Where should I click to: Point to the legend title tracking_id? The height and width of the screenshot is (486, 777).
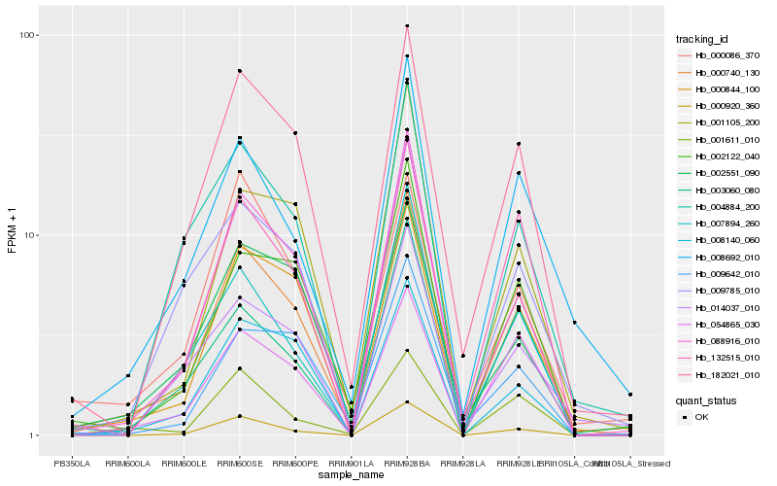coord(702,39)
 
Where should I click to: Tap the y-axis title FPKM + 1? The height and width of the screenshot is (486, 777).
coord(12,234)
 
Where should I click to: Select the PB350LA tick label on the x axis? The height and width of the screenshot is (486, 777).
coord(72,464)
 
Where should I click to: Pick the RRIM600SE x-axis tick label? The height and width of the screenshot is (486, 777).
coord(239,464)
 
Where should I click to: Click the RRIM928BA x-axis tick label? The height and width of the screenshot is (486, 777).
coord(407,464)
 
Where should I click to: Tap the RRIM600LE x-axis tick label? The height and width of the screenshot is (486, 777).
coord(184,464)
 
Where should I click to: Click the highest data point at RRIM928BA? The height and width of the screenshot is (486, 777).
coord(407,26)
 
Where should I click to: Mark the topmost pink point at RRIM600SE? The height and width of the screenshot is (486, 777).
coord(239,71)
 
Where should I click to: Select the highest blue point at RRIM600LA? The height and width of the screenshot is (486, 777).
coord(128,376)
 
